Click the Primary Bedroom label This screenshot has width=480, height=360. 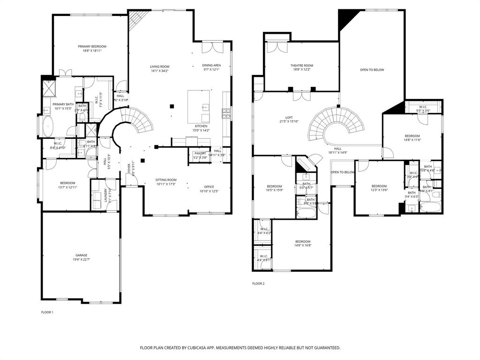(92, 46)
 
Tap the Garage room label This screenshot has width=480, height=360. (81, 255)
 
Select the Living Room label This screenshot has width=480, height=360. (160, 67)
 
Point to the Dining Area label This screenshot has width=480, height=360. (211, 66)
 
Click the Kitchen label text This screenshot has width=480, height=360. (201, 127)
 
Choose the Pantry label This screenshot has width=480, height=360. (200, 153)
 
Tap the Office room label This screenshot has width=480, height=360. (209, 187)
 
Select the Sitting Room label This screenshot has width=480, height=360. (166, 180)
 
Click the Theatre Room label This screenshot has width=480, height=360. (301, 66)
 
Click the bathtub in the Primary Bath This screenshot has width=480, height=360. (48, 126)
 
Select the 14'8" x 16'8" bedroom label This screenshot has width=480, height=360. (302, 242)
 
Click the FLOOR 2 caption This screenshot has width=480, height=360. (258, 284)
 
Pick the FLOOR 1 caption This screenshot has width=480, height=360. (47, 312)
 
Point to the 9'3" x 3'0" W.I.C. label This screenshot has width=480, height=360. (423, 107)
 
